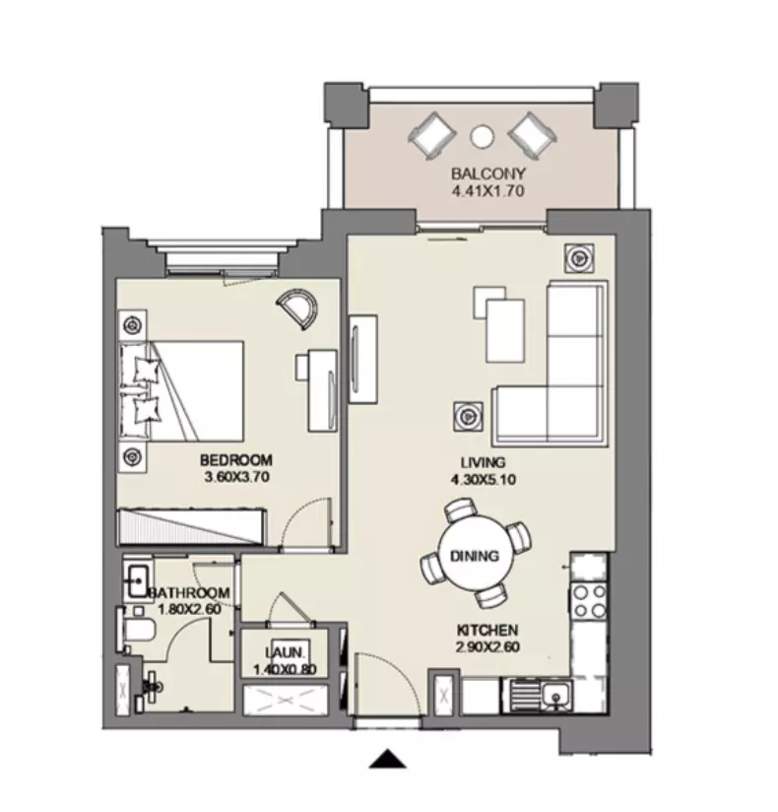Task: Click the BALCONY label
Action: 488,173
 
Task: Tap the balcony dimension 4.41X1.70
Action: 488,191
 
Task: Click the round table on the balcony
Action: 482,136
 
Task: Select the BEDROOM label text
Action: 236,460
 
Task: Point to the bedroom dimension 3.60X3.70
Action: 237,477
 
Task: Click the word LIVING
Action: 483,462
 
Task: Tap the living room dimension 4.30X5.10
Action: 483,480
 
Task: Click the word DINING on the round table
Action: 475,556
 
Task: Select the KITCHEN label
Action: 487,631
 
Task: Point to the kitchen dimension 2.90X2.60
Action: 487,646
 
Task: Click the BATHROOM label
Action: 189,593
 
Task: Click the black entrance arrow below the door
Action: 388,759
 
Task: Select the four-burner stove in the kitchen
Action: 589,601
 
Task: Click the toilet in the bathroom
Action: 137,631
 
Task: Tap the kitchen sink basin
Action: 556,695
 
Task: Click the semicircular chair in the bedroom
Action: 296,309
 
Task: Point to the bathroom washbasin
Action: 137,581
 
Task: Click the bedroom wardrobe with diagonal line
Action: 192,526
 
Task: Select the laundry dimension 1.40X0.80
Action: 286,669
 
